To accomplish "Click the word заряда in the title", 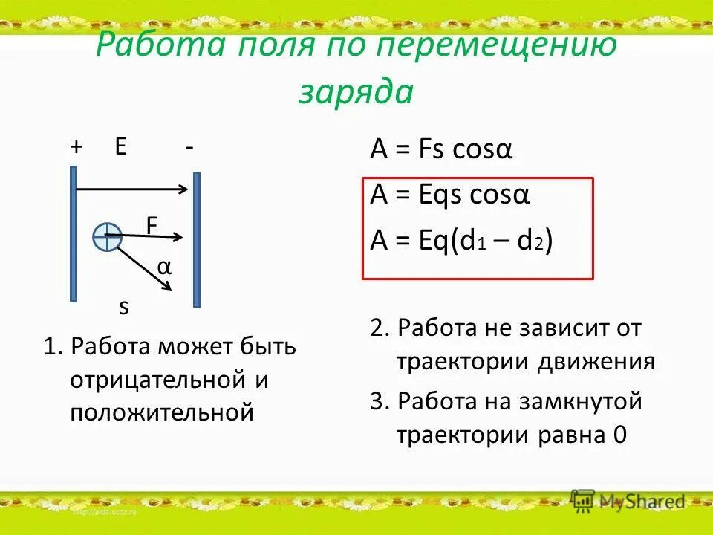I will (x=356, y=92).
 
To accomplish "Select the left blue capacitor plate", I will (x=74, y=233).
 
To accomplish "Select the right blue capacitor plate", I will (x=196, y=239).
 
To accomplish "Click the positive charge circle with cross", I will (x=108, y=236).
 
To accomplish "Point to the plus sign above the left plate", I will (x=76, y=147).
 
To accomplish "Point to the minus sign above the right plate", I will (x=190, y=148).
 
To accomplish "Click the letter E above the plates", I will (x=120, y=146).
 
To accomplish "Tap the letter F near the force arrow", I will (x=152, y=224).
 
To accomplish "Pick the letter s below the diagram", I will (x=124, y=306).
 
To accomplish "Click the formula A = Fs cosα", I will (x=441, y=151).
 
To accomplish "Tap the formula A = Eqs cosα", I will (x=449, y=196).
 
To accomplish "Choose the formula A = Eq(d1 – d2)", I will (x=460, y=242).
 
